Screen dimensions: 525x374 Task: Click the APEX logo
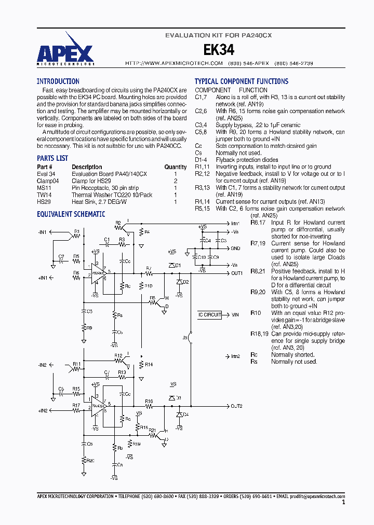coord(65,53)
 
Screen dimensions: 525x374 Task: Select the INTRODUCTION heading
coord(58,81)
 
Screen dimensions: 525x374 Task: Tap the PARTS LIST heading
coord(52,158)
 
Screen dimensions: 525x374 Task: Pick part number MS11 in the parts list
coord(43,188)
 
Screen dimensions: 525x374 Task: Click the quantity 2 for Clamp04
coord(176,181)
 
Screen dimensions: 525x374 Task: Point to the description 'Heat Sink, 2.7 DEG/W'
coord(99,202)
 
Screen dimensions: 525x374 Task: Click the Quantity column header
coord(176,167)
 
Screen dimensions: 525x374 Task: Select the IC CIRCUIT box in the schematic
coord(209,315)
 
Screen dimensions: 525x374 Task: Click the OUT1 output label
coord(237,273)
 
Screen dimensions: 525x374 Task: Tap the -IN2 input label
coord(42,365)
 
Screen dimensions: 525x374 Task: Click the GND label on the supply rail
coord(235,248)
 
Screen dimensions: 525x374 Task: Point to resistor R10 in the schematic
coord(148,286)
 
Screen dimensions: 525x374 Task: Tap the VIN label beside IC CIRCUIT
coord(235,315)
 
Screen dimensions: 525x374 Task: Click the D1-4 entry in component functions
coord(202,160)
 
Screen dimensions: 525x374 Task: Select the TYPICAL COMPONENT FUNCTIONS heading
coord(241,81)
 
